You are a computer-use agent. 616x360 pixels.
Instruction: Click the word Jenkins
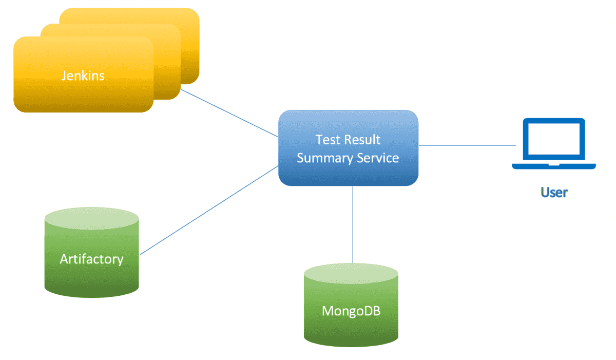pyautogui.click(x=83, y=75)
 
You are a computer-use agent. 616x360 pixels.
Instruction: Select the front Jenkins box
pyautogui.click(x=83, y=74)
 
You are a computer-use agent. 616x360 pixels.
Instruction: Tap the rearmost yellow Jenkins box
pyautogui.click(x=190, y=41)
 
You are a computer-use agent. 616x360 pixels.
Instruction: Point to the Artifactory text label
pyautogui.click(x=91, y=259)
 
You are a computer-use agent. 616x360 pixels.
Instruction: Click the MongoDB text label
pyautogui.click(x=351, y=311)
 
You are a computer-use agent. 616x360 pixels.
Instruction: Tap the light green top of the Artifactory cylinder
pyautogui.click(x=91, y=218)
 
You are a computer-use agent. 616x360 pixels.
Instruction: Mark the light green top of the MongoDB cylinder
pyautogui.click(x=351, y=274)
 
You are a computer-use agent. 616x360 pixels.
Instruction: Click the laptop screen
pyautogui.click(x=554, y=139)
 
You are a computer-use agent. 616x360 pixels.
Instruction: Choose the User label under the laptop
pyautogui.click(x=554, y=192)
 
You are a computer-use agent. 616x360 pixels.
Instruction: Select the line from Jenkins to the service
pyautogui.click(x=229, y=113)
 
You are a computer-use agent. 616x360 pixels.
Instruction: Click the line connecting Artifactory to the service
pyautogui.click(x=209, y=210)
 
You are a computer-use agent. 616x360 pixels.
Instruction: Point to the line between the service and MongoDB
pyautogui.click(x=353, y=225)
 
